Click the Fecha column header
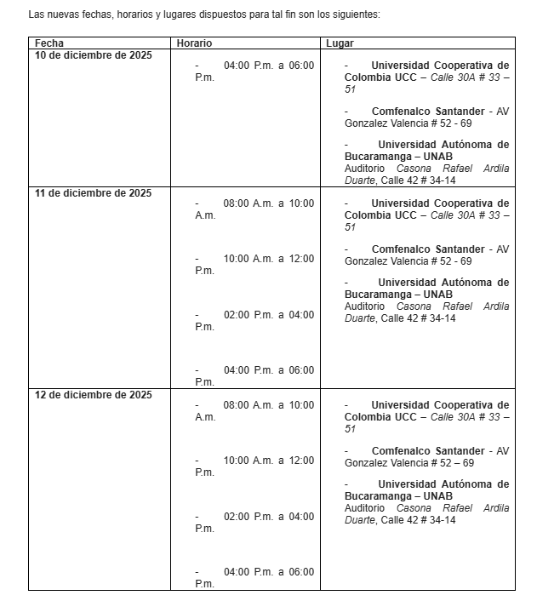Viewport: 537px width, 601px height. [x=49, y=43]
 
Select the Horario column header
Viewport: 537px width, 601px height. [x=194, y=43]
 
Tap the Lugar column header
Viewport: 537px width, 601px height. [x=340, y=43]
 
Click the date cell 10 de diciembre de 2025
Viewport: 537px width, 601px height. [x=93, y=55]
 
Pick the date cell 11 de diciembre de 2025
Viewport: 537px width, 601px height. [x=93, y=193]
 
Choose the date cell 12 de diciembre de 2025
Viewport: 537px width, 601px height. [x=93, y=395]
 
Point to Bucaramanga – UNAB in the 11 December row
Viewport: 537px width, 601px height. [x=398, y=295]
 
